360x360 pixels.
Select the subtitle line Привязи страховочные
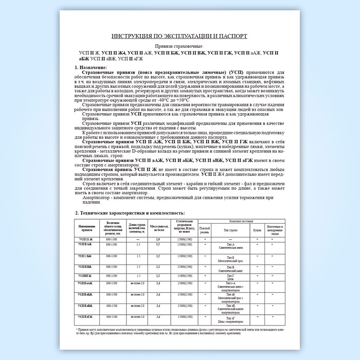(x=179, y=47)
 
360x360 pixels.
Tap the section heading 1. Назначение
(x=91, y=68)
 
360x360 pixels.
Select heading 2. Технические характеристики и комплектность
(x=127, y=212)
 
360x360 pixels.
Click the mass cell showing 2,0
(x=158, y=240)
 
